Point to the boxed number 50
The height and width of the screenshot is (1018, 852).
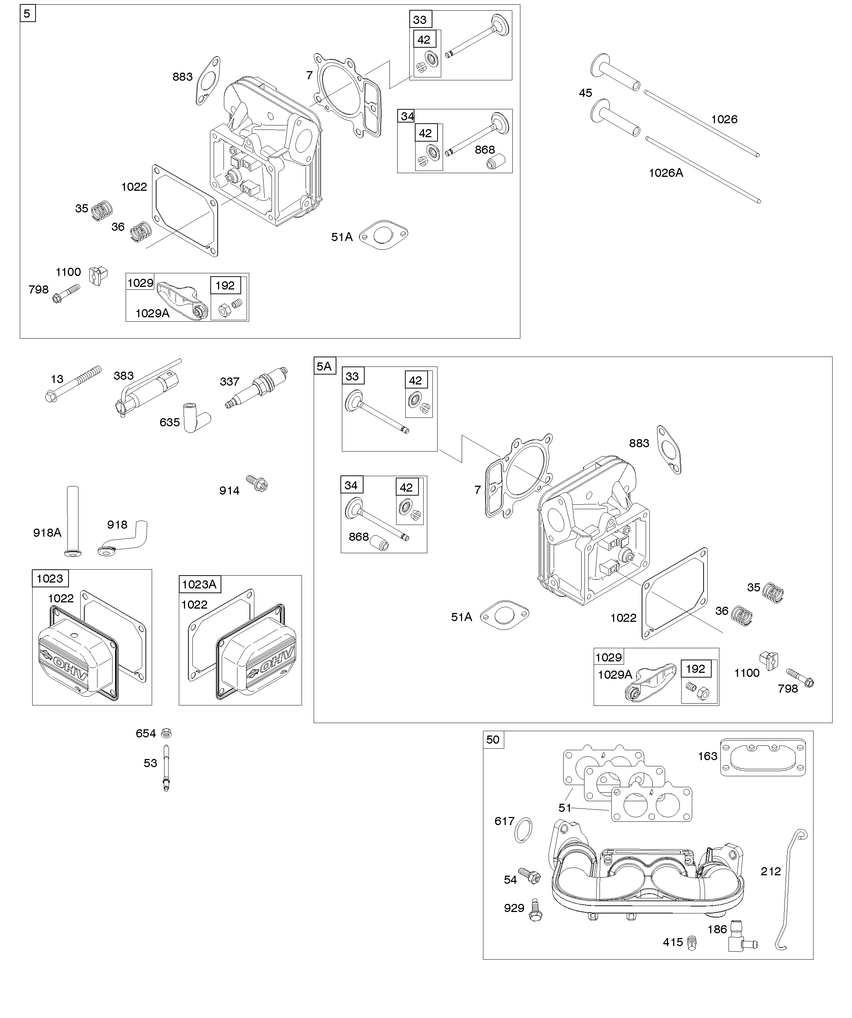pyautogui.click(x=493, y=739)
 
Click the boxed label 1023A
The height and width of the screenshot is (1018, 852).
pyautogui.click(x=199, y=584)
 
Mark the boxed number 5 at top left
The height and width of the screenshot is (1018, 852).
pyautogui.click(x=27, y=14)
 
